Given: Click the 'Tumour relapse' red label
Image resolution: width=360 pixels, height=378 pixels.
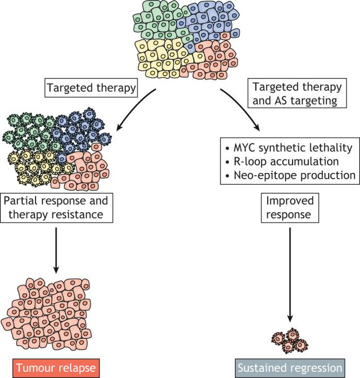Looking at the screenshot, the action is pos(56,368).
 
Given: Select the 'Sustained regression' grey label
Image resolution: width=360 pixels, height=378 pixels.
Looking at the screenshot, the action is pos(290,368).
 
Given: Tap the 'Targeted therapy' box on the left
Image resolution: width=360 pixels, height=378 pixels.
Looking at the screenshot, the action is pos(91,88).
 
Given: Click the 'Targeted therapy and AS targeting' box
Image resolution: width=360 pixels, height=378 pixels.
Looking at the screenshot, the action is pos(297,93).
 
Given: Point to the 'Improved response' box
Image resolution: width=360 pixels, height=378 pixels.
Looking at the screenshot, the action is pos(290,208).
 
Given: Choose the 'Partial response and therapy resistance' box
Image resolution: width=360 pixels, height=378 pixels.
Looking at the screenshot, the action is pos(56,208).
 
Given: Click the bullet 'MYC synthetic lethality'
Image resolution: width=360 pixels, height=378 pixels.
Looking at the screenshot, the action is pos(289,148).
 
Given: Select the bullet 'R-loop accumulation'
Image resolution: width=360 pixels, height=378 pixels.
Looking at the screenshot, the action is pos(282,162).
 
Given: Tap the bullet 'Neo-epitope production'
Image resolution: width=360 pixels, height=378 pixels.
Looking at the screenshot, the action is pos(290,175).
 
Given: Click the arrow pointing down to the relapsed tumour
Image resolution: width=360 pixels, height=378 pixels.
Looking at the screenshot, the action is pos(56,250).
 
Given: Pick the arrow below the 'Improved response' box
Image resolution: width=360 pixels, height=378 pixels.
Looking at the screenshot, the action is pos(290,275).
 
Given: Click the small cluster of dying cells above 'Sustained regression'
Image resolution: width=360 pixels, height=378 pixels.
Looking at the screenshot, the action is pos(290,341).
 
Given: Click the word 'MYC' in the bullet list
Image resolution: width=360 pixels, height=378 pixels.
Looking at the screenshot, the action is pos(244,148).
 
